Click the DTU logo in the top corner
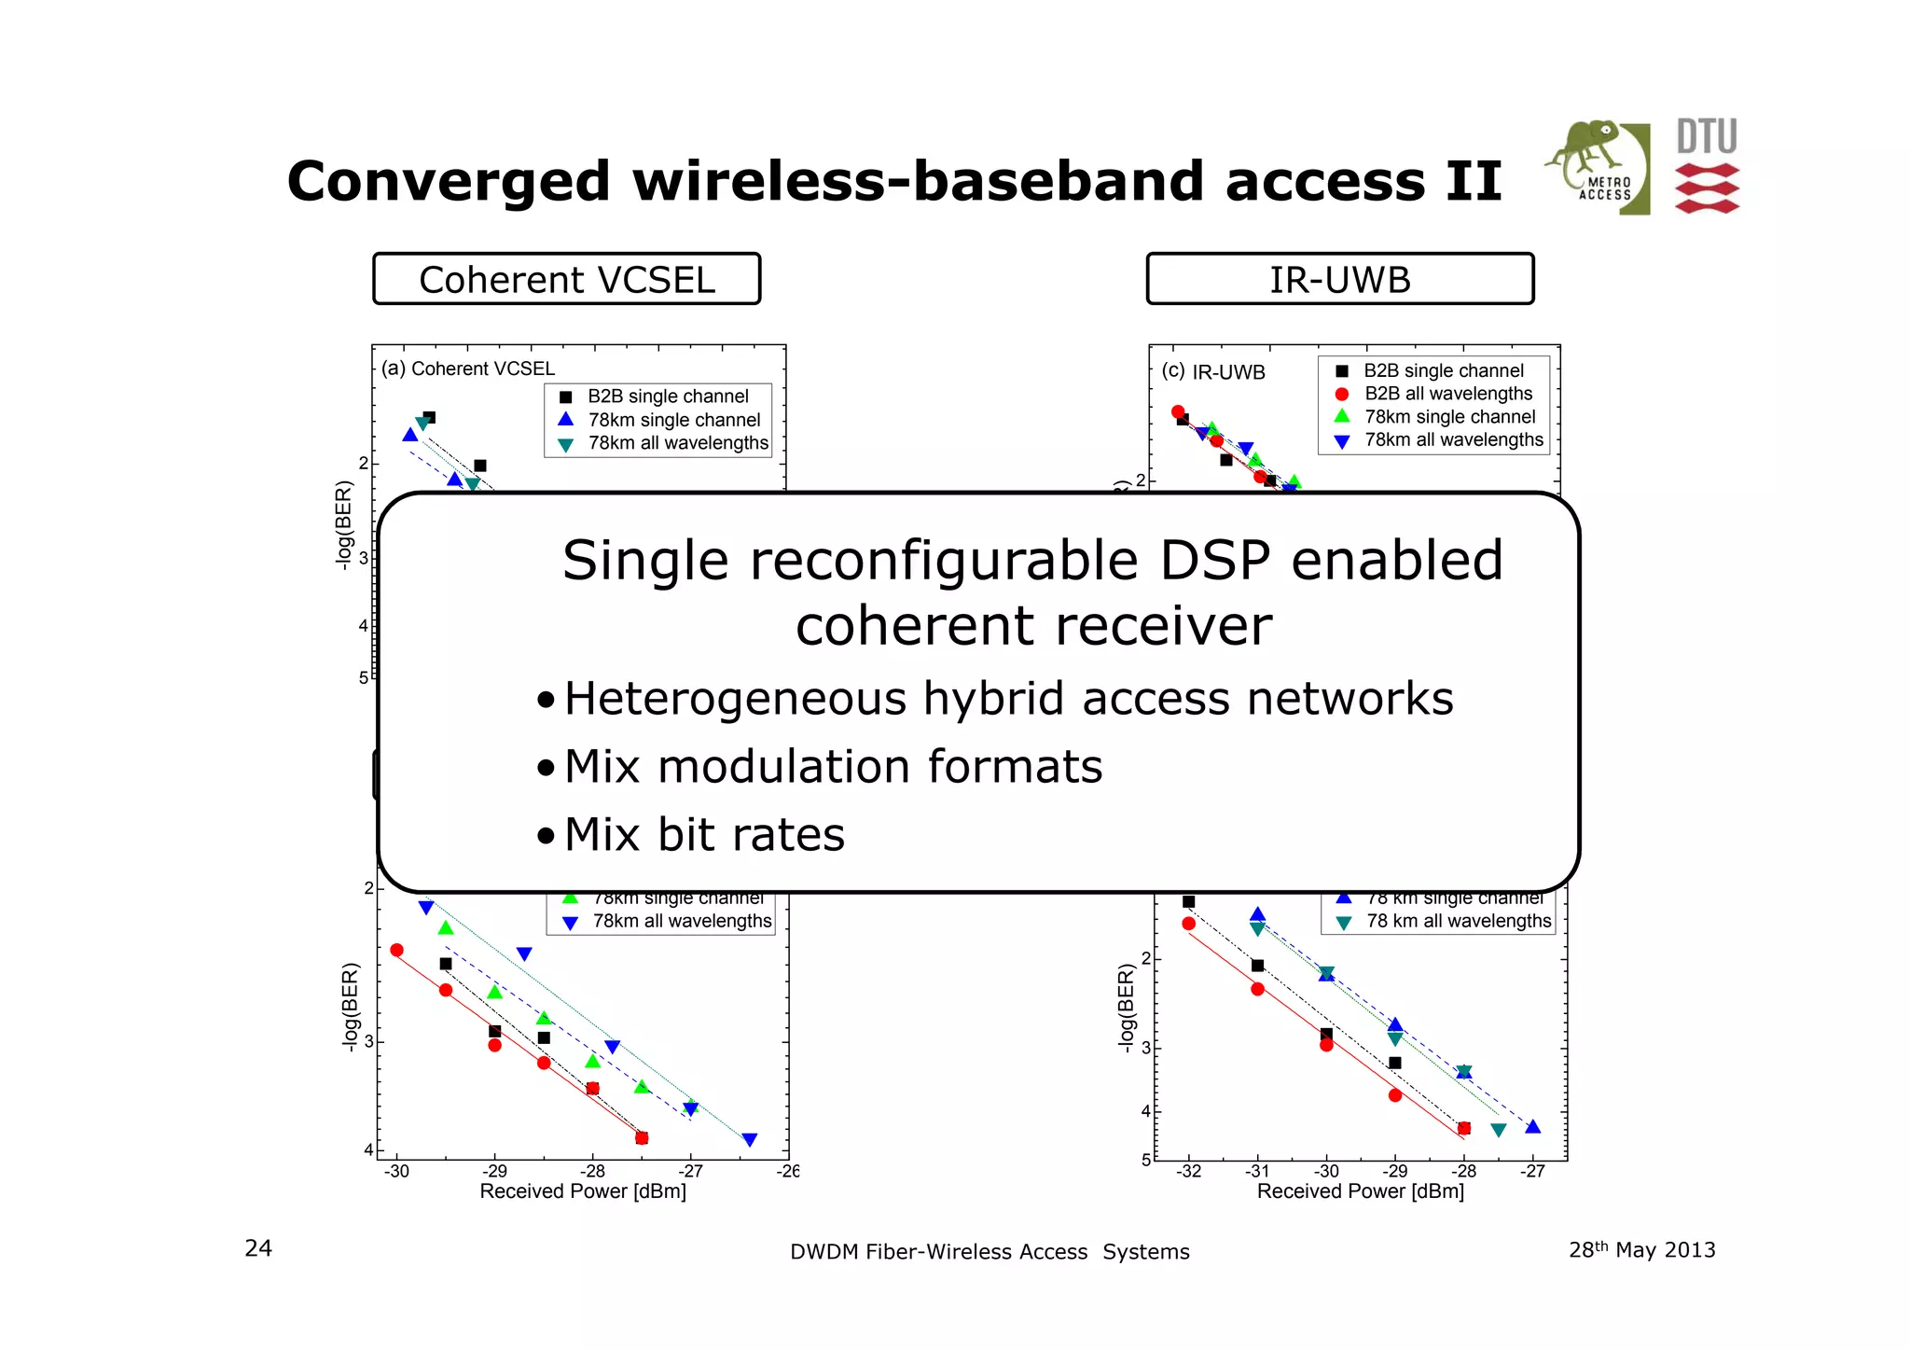tap(1707, 166)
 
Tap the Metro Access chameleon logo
tap(1597, 166)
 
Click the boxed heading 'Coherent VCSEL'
tap(566, 279)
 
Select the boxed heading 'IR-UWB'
tap(1339, 279)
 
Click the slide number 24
tap(258, 1248)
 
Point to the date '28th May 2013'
tap(1641, 1250)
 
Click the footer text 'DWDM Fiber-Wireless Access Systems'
tap(990, 1252)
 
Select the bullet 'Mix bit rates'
tap(704, 834)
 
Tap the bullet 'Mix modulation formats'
tap(833, 767)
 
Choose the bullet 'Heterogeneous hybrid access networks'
tap(1008, 699)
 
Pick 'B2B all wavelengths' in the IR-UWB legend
tap(1447, 394)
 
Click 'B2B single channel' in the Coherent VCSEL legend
tap(668, 397)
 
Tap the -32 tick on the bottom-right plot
tap(1188, 1172)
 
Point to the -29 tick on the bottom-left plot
tap(494, 1172)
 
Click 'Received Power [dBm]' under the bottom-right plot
tap(1360, 1191)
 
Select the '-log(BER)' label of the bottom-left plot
tap(351, 1008)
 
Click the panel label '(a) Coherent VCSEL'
tap(468, 369)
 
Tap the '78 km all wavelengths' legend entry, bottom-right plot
tap(1459, 922)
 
